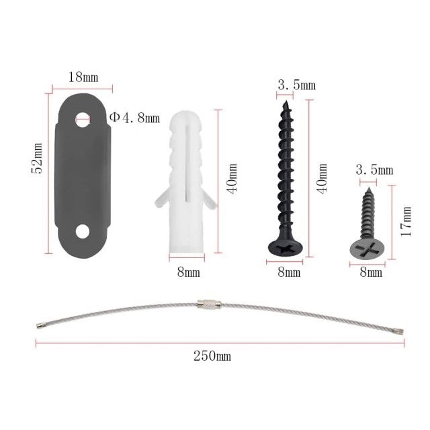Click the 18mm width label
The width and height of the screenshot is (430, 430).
(x=83, y=77)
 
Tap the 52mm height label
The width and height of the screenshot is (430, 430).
(x=37, y=159)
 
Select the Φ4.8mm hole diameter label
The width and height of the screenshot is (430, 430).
(x=134, y=118)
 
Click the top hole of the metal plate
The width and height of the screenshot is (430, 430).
(x=83, y=120)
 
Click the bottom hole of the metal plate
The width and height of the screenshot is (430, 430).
(x=83, y=231)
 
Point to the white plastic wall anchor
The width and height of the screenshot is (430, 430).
(x=186, y=183)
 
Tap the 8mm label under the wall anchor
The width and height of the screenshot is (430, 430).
(x=188, y=272)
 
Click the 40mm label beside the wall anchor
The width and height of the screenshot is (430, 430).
(x=232, y=179)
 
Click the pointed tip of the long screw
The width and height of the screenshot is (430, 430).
(x=286, y=101)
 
